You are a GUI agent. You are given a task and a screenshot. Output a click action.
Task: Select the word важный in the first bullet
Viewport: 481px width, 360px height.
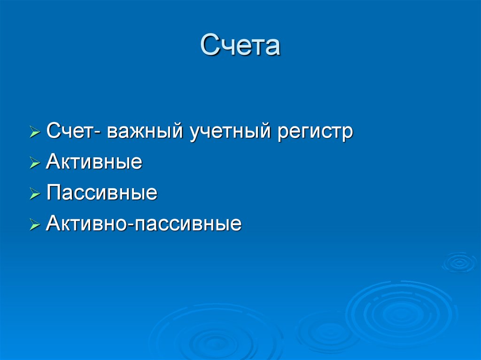pos(145,131)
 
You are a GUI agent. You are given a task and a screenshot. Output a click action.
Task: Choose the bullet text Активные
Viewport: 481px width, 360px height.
pos(94,162)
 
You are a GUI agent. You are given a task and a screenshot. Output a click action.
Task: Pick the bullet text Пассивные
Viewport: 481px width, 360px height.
pos(101,193)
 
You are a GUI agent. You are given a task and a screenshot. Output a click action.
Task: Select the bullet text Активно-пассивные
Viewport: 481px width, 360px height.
pos(144,224)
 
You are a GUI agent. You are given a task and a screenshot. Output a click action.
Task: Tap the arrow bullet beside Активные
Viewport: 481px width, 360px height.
pos(35,163)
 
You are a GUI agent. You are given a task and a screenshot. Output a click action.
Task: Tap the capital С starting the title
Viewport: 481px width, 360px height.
pos(209,46)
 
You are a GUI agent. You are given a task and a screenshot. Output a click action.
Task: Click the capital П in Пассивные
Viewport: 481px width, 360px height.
pos(53,193)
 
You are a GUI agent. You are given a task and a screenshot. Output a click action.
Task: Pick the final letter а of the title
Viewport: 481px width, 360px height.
pos(272,47)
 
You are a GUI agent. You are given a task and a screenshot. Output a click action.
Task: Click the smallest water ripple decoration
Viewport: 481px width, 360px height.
pos(459,262)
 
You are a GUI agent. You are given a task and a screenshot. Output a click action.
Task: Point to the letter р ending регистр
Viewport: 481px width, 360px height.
pos(348,134)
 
